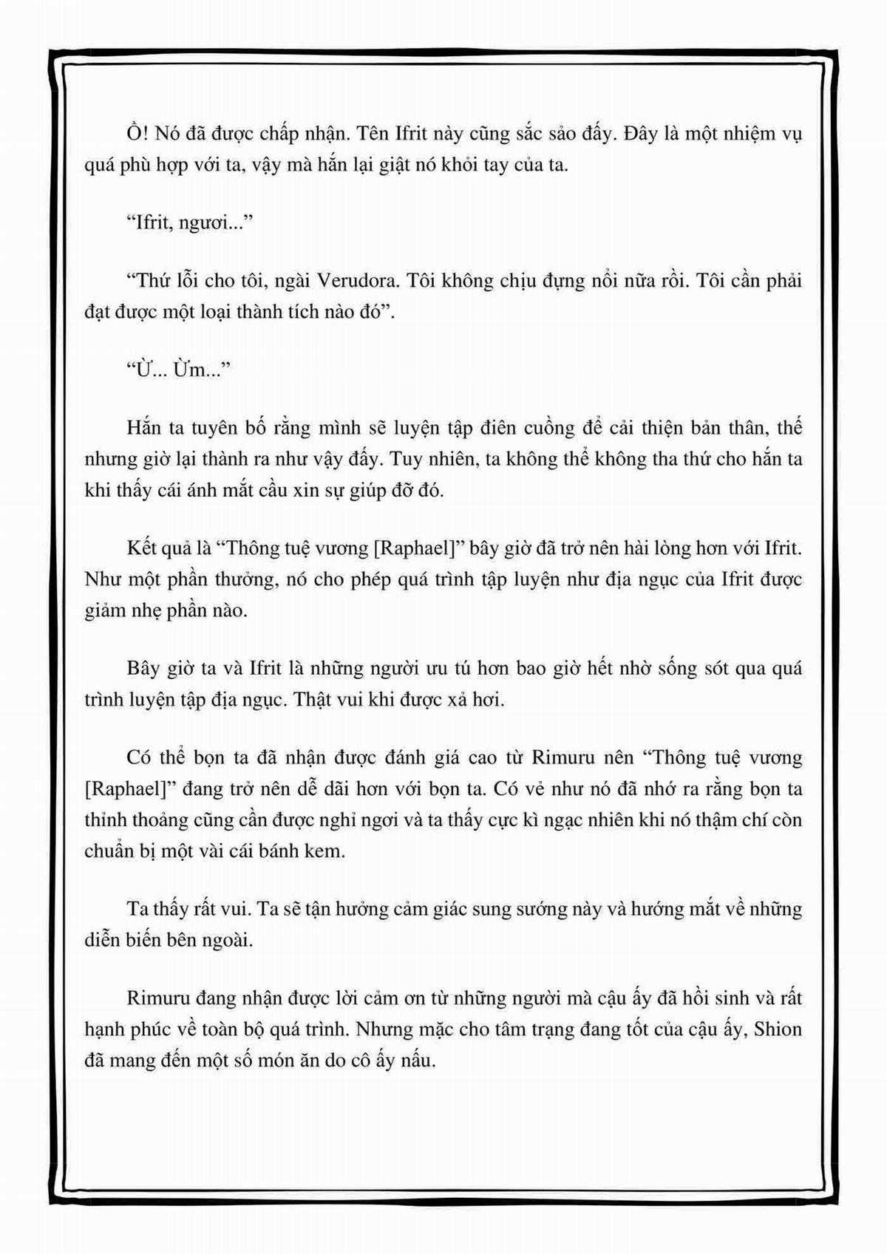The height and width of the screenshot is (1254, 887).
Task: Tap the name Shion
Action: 778,1030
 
